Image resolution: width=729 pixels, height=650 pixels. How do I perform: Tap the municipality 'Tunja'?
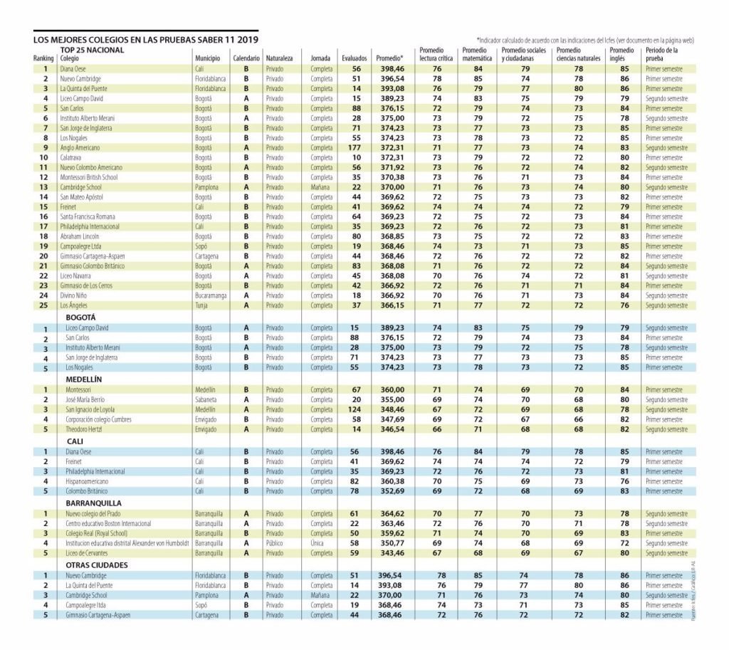coord(203,305)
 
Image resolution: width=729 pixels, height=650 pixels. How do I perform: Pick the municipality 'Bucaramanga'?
coord(211,295)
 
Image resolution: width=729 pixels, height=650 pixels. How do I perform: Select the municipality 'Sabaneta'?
coord(207,400)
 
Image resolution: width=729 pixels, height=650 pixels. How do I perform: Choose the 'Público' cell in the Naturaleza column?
coord(275,543)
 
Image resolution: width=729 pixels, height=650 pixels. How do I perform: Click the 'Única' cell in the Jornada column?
coord(318,543)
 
